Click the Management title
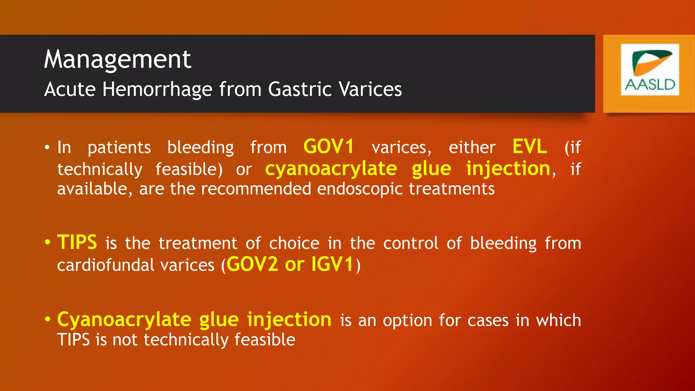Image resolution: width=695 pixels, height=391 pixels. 117,59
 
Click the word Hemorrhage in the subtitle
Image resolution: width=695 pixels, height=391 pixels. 157,89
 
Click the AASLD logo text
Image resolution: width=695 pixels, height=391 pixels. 650,85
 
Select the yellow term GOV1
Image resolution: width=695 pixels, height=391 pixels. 328,147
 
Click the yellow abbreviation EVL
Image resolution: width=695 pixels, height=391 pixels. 529,147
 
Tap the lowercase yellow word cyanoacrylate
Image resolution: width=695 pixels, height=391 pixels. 331,169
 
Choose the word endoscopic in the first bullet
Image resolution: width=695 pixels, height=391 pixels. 360,189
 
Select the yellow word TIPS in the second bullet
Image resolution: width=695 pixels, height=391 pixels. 77,242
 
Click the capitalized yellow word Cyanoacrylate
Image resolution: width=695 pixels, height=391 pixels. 124,320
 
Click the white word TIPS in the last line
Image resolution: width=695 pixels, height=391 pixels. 73,340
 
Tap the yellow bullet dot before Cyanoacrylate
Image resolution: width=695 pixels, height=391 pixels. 48,319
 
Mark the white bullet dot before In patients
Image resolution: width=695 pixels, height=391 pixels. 48,148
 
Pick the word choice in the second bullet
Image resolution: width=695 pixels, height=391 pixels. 294,243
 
